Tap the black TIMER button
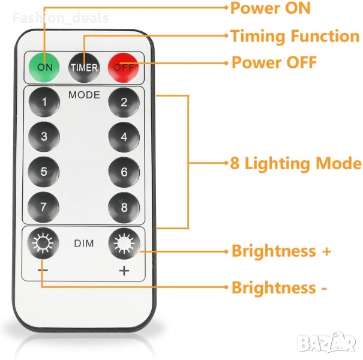(x=84, y=67)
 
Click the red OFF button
(x=124, y=67)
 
